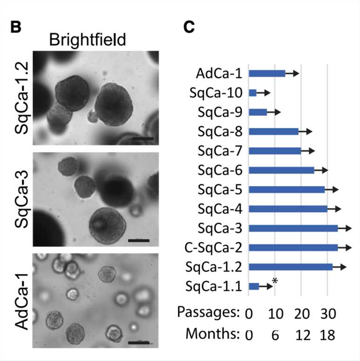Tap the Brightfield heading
pyautogui.click(x=88, y=40)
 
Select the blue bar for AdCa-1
pyautogui.click(x=267, y=73)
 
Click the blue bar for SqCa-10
pyautogui.click(x=253, y=93)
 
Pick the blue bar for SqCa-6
pyautogui.click(x=281, y=170)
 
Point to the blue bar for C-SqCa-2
pyautogui.click(x=293, y=247)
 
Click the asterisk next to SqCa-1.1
pyautogui.click(x=275, y=281)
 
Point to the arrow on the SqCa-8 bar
pyautogui.click(x=306, y=132)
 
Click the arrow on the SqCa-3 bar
pyautogui.click(x=345, y=228)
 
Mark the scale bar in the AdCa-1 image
pyautogui.click(x=138, y=343)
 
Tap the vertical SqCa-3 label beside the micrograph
pyautogui.click(x=22, y=201)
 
